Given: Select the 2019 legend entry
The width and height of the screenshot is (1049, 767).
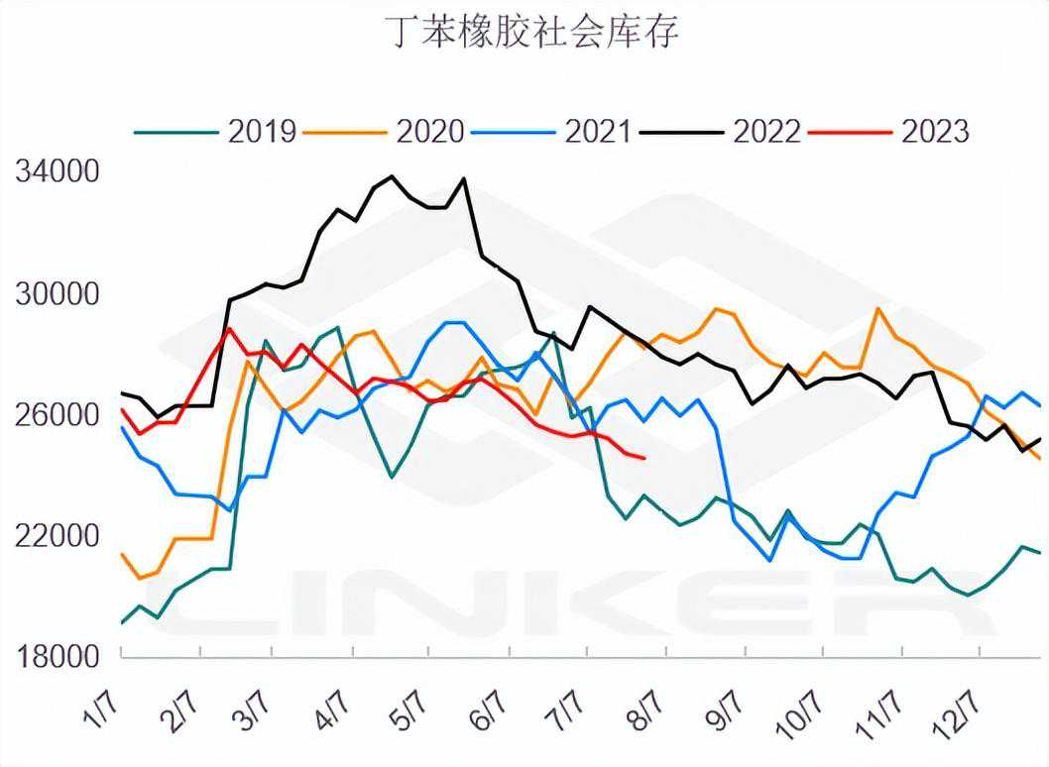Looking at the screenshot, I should point(263,131).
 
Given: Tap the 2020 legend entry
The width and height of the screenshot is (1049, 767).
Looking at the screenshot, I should point(430,131).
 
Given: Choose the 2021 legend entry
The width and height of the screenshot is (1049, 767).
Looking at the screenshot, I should point(598,131).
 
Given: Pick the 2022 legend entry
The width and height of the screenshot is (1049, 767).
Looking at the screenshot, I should point(767,131).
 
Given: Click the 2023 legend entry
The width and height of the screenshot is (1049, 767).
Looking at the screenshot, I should point(935,131).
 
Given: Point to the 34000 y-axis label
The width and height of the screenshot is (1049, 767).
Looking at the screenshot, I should point(58,173).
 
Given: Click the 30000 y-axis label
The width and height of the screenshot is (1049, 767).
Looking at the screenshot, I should point(58,294).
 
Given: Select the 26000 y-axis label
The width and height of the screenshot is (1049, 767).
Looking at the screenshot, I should point(58,415).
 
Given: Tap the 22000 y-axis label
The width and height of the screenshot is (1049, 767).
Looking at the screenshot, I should point(58,535).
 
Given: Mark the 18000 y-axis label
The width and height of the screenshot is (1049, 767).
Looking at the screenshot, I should point(58,656).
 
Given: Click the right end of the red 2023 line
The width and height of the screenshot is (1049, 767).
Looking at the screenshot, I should point(645,458).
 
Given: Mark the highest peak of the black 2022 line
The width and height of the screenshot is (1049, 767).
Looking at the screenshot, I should point(392,176).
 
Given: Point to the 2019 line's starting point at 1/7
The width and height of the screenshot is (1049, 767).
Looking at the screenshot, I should point(121,623).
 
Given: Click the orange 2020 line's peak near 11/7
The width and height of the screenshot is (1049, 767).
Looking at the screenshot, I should point(877,308).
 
